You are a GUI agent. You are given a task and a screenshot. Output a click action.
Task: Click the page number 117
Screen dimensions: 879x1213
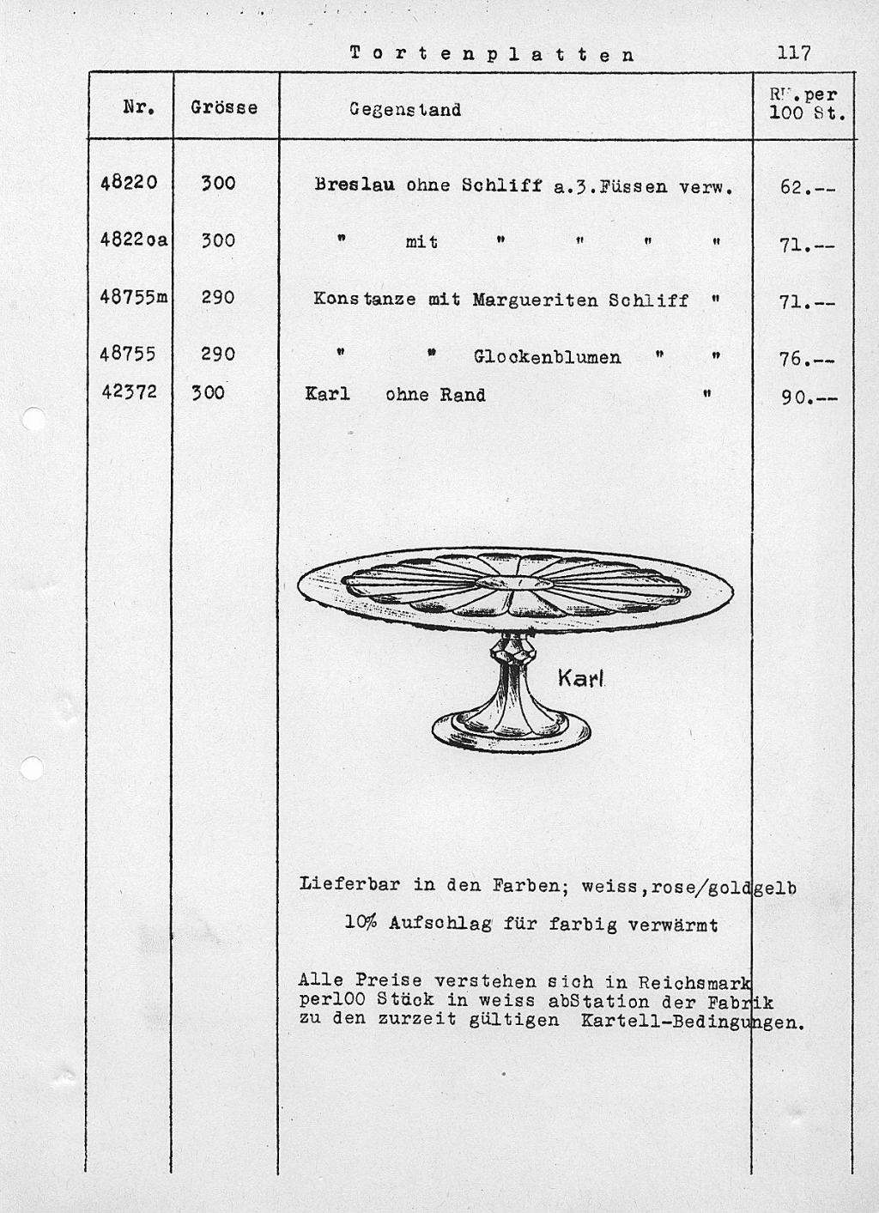coord(793,53)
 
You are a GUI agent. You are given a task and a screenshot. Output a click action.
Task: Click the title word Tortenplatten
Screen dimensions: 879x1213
coord(493,54)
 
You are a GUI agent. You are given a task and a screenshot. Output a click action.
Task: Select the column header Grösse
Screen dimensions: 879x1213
coord(224,108)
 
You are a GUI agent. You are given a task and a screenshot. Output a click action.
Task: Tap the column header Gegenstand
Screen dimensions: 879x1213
coord(405,110)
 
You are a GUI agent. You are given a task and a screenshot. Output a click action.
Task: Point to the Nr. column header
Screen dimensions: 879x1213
coord(139,107)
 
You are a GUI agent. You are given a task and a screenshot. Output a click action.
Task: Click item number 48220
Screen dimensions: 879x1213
coord(129,182)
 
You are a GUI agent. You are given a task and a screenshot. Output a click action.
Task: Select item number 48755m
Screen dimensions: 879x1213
coord(133,297)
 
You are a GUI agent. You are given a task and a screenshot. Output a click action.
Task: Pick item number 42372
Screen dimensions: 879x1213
coord(129,391)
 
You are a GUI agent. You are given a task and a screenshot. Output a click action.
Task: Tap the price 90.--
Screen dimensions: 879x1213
coord(807,397)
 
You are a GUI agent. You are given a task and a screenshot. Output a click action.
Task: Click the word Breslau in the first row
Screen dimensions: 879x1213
coord(355,185)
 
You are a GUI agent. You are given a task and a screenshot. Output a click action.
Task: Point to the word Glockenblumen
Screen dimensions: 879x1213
coord(547,357)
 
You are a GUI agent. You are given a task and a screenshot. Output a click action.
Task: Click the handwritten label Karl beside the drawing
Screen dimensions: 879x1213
coord(581,678)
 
